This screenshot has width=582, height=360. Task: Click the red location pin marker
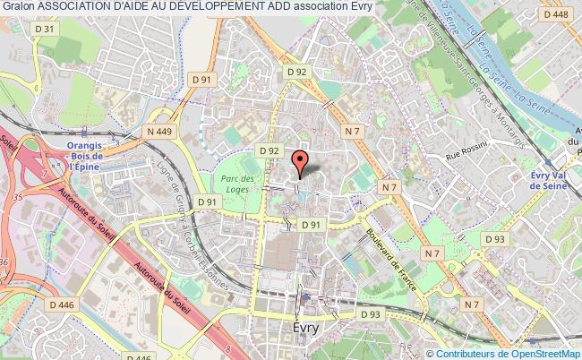(x=301, y=163)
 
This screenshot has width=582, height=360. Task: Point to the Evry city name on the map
(x=305, y=328)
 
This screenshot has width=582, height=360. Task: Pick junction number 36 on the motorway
(x=6, y=261)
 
